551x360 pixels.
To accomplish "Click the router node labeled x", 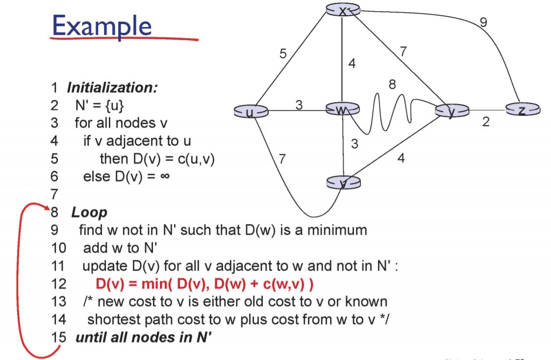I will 343,10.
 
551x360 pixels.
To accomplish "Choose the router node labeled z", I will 523,110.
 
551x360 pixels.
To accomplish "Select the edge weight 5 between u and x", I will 283,54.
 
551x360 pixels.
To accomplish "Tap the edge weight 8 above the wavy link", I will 392,84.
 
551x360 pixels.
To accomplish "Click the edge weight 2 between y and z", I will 485,122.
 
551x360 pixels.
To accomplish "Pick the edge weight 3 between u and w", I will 299,104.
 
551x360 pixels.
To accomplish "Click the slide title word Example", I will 101,26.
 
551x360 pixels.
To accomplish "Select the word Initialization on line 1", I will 112,88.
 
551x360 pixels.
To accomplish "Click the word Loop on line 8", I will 89,212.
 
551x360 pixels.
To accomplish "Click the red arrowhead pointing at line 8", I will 48,210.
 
